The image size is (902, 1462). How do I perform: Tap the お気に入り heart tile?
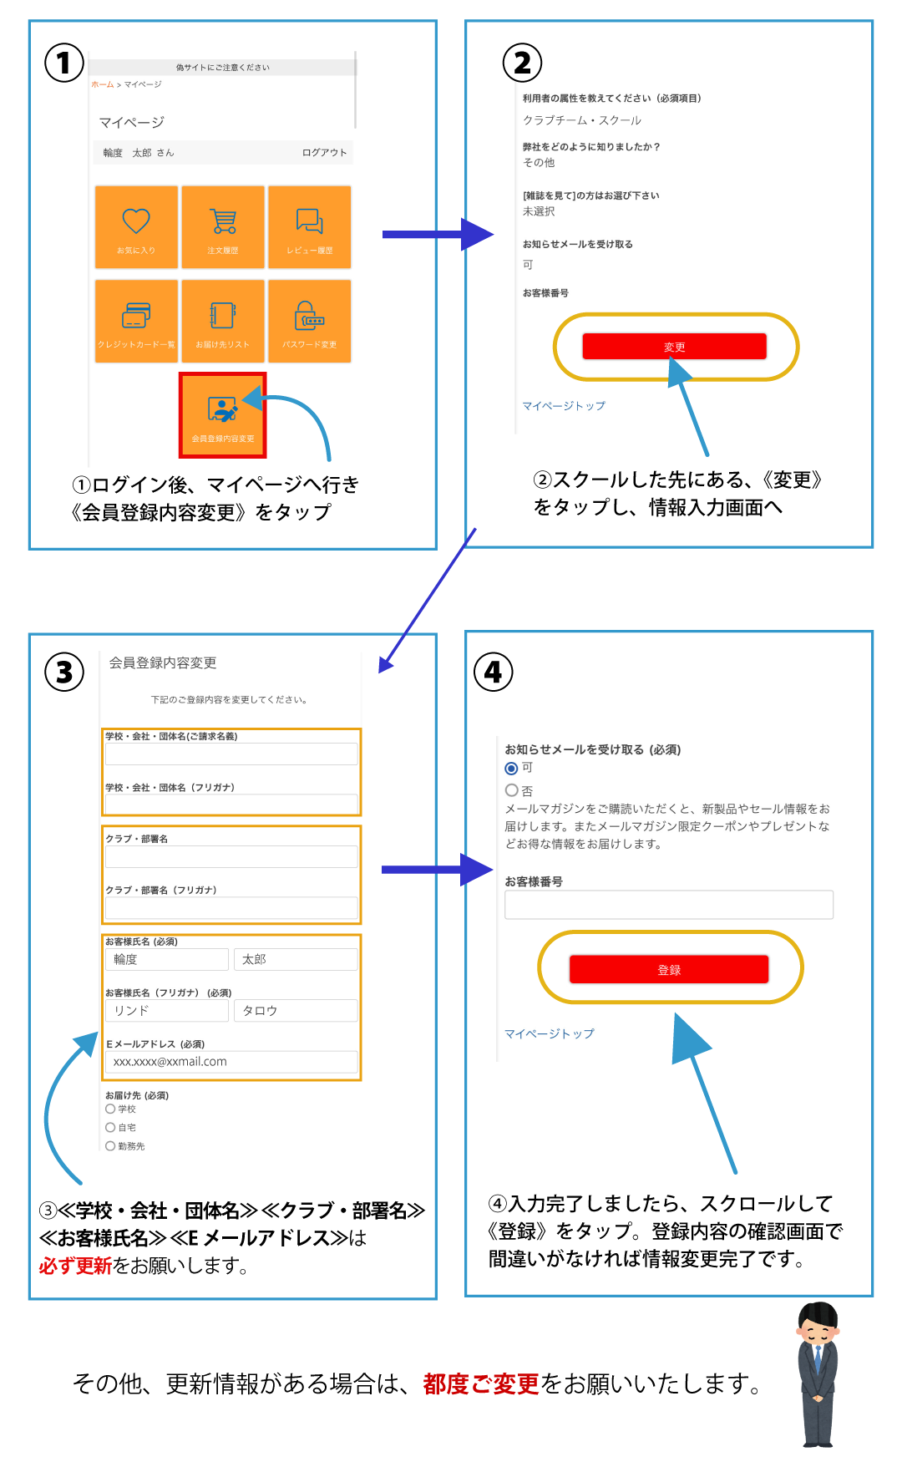click(136, 226)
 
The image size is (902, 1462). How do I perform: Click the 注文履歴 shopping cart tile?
click(223, 226)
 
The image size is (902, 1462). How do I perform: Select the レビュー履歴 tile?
click(309, 226)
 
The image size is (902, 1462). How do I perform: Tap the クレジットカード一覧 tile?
click(136, 321)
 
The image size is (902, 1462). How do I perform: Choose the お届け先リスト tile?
click(223, 321)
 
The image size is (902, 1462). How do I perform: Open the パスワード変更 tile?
click(309, 321)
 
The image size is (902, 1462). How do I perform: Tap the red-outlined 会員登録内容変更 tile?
click(223, 415)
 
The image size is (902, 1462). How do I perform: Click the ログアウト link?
click(324, 153)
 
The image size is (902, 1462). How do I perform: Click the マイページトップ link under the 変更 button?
click(564, 406)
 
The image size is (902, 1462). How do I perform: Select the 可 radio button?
click(511, 769)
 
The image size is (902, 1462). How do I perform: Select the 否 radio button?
click(511, 790)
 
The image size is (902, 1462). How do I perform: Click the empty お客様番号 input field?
click(668, 905)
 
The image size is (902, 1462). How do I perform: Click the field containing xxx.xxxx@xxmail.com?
click(231, 1062)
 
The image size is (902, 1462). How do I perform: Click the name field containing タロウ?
click(295, 1011)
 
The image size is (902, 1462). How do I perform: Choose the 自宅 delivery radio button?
click(110, 1128)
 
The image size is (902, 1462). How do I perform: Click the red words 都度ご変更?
click(481, 1384)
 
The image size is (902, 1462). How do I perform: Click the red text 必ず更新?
click(74, 1267)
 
